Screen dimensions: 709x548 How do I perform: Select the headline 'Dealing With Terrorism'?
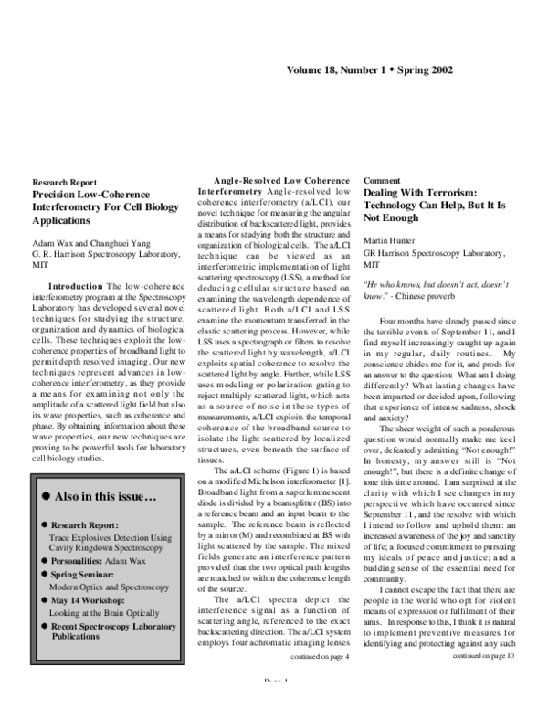[420, 195]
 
